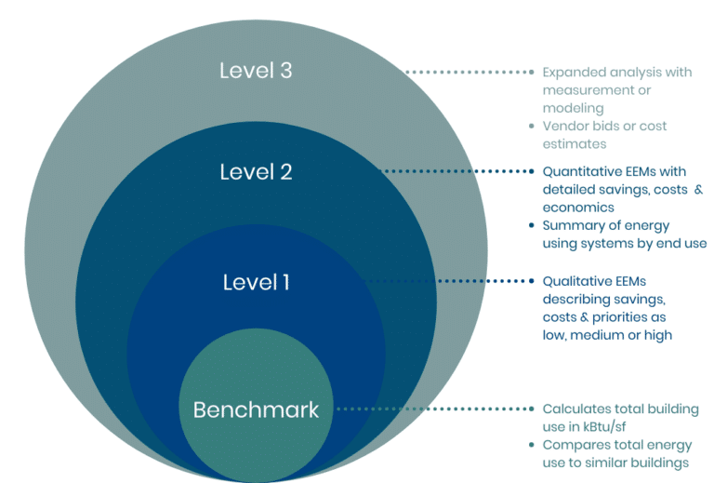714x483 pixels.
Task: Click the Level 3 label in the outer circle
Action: [x=256, y=71]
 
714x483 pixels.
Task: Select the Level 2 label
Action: [x=256, y=172]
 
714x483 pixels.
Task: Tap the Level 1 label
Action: [x=256, y=282]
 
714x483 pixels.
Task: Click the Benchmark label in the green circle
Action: [x=256, y=409]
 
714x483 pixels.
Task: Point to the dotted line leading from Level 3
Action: [x=469, y=72]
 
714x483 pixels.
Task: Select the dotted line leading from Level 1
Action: [x=446, y=280]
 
